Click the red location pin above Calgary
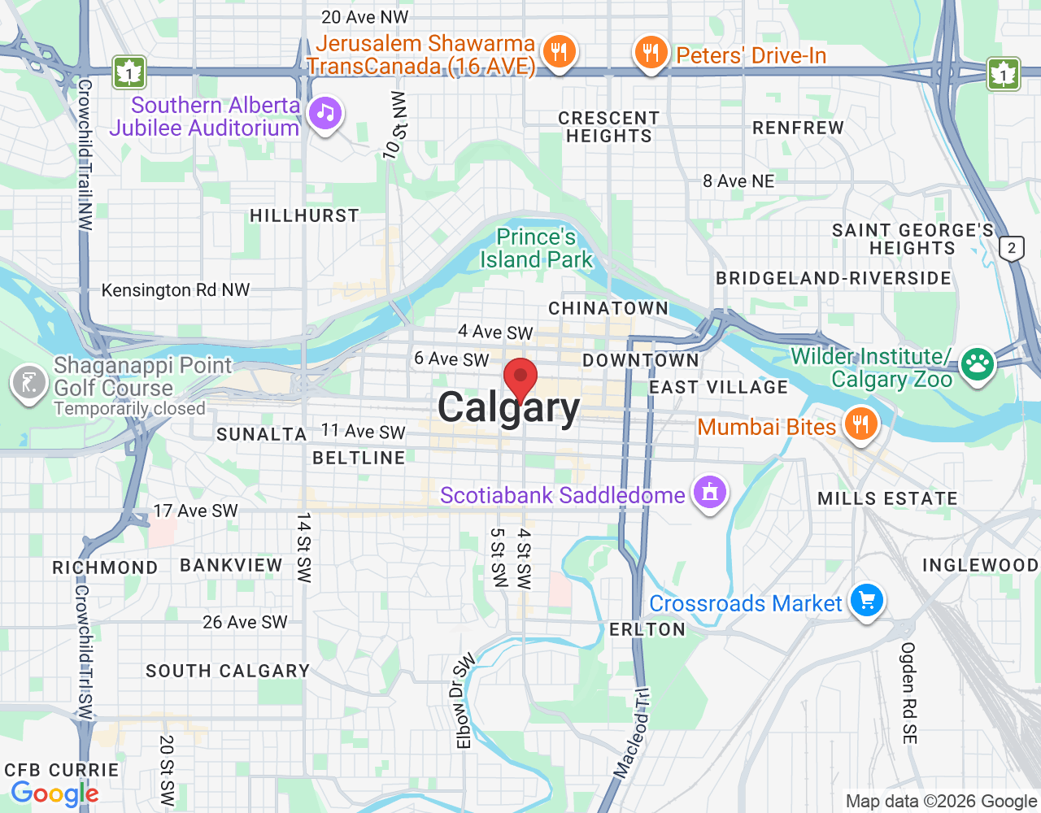(520, 378)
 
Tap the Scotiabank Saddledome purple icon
(709, 493)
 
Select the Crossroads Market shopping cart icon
(867, 601)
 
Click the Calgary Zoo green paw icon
(977, 365)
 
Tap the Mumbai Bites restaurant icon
(860, 424)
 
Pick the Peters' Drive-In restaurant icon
(650, 53)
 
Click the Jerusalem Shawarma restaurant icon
(559, 53)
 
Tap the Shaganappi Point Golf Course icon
(28, 382)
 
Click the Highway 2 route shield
(1012, 248)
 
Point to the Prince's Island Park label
(537, 249)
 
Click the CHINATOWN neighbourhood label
(608, 308)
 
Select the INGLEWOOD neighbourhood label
(980, 565)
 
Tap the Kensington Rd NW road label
(176, 290)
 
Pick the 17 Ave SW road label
(196, 511)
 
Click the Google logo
(55, 793)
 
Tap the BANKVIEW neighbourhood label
(231, 565)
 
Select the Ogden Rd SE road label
(908, 693)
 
